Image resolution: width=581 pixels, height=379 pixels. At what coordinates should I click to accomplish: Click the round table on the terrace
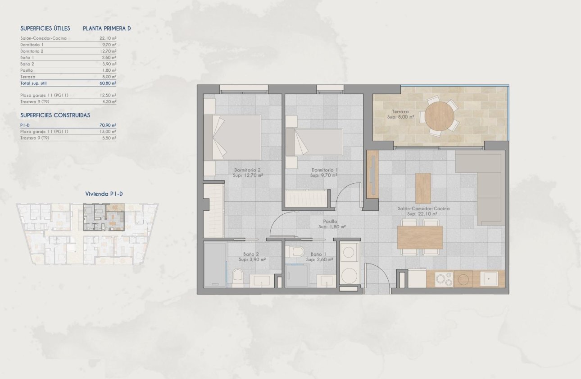coord(439,116)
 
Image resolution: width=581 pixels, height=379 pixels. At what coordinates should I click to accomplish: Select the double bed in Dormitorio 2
coord(232,137)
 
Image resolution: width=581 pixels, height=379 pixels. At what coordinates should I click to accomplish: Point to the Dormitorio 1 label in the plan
coord(324,172)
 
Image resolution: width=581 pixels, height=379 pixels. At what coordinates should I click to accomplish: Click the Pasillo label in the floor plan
coord(331,224)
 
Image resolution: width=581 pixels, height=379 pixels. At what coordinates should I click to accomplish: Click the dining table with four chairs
coord(420,237)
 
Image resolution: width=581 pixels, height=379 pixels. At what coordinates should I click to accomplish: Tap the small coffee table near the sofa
coord(422,188)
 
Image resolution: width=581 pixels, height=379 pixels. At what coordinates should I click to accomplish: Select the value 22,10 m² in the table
coord(108,38)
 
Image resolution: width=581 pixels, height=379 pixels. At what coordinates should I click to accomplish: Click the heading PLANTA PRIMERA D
coord(107,28)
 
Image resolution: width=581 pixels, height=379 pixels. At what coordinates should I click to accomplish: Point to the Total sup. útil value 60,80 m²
coord(108,83)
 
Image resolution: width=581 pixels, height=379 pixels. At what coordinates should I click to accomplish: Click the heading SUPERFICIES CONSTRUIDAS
coord(55,115)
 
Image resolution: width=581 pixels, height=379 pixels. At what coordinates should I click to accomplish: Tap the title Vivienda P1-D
coord(104,194)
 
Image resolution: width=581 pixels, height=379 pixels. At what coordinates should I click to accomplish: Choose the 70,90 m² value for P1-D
coord(108,125)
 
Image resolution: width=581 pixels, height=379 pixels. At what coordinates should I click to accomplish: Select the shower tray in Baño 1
coord(297,276)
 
